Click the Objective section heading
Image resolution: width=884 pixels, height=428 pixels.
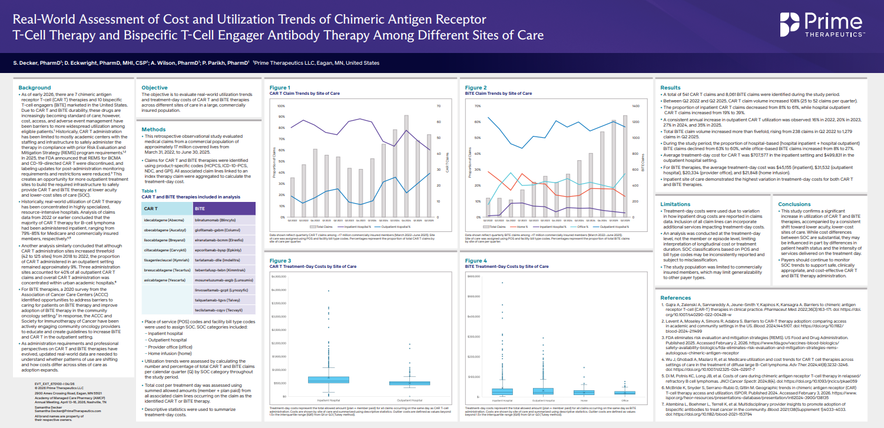[x=154, y=88]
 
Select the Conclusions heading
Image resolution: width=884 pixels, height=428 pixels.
[x=794, y=204]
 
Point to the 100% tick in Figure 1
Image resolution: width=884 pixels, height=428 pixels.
[x=280, y=107]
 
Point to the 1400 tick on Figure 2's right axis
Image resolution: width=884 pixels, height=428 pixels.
[x=635, y=107]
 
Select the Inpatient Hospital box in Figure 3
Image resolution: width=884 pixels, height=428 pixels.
[x=328, y=380]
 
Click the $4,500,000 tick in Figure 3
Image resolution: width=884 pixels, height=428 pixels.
[x=278, y=276]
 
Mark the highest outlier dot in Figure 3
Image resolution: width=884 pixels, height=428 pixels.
[x=328, y=291]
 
